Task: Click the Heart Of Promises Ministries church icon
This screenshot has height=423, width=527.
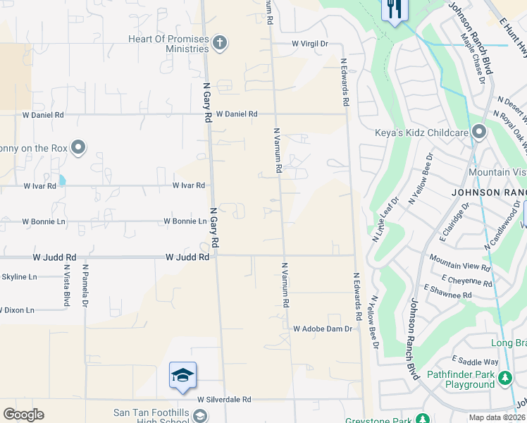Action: point(219,44)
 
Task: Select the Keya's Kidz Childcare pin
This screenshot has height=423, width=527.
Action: point(480,133)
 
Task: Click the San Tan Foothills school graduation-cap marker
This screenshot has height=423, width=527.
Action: point(182,376)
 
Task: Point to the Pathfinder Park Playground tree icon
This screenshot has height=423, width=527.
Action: point(505,379)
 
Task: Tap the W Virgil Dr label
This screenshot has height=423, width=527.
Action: point(311,44)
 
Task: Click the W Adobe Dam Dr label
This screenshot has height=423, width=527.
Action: point(322,329)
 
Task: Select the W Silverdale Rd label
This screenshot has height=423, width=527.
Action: point(224,399)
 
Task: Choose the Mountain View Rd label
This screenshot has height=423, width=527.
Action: point(459,267)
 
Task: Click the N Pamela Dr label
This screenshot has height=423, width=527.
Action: point(85,286)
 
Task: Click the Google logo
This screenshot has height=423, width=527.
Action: point(23,415)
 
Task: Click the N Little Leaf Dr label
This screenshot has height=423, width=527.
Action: point(381,216)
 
